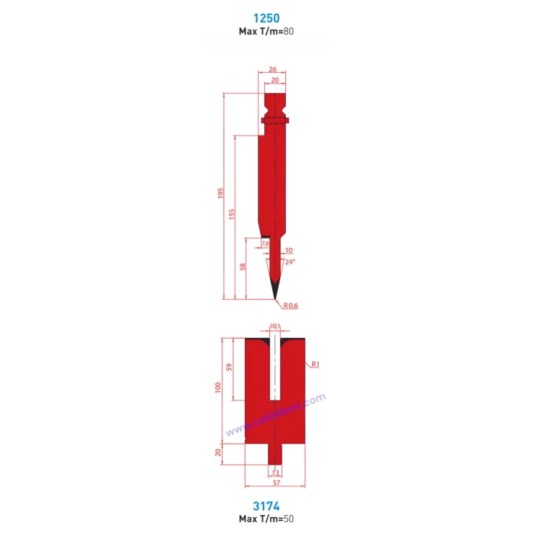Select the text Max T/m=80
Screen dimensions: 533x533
(x=266, y=32)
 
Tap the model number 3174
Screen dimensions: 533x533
(x=266, y=506)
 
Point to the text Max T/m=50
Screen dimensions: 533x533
(x=266, y=519)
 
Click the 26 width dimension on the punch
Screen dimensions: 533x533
(x=272, y=69)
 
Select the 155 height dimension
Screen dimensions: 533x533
(x=232, y=215)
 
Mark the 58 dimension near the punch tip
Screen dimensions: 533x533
(x=243, y=267)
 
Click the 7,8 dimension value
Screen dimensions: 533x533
(x=265, y=243)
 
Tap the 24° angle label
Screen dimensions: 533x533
(x=290, y=262)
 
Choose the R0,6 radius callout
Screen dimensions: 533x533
(x=290, y=306)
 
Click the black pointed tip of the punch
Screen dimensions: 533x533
(x=274, y=290)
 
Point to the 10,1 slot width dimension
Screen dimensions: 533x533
(x=274, y=326)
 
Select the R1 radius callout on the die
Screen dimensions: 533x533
(x=315, y=364)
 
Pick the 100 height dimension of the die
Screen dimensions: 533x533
(x=218, y=388)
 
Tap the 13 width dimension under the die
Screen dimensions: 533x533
(x=275, y=473)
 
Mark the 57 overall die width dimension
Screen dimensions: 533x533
(x=275, y=483)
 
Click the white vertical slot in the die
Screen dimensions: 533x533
(x=274, y=371)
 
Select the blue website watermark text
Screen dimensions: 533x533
(x=275, y=416)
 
